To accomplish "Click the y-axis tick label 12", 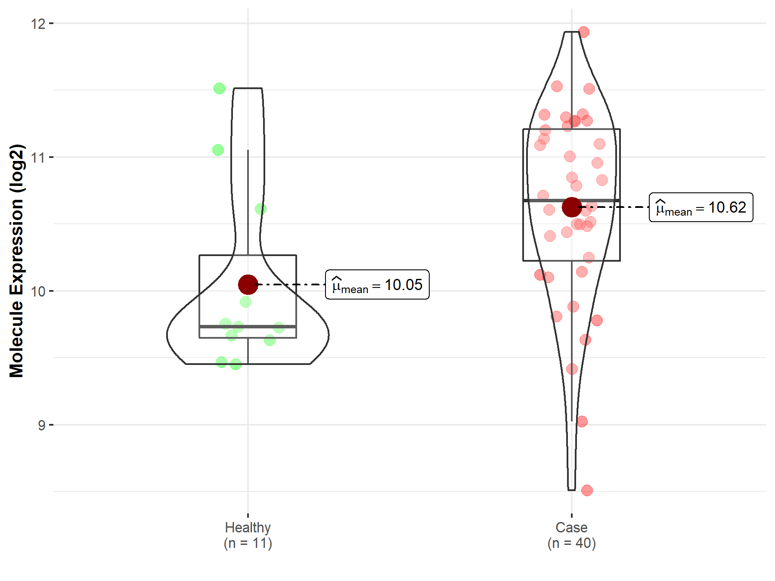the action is click(x=38, y=23).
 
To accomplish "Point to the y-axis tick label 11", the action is click(x=38, y=157).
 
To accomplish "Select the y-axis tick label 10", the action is click(x=38, y=291).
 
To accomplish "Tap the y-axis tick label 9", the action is click(x=41, y=425).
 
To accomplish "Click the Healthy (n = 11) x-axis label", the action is click(x=248, y=535).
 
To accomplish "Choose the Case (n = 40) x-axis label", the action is click(x=572, y=535).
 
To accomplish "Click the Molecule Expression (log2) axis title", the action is click(x=16, y=261).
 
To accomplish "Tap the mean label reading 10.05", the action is click(x=377, y=284).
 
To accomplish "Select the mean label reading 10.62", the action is click(x=701, y=207).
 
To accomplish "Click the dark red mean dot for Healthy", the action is click(x=248, y=284).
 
